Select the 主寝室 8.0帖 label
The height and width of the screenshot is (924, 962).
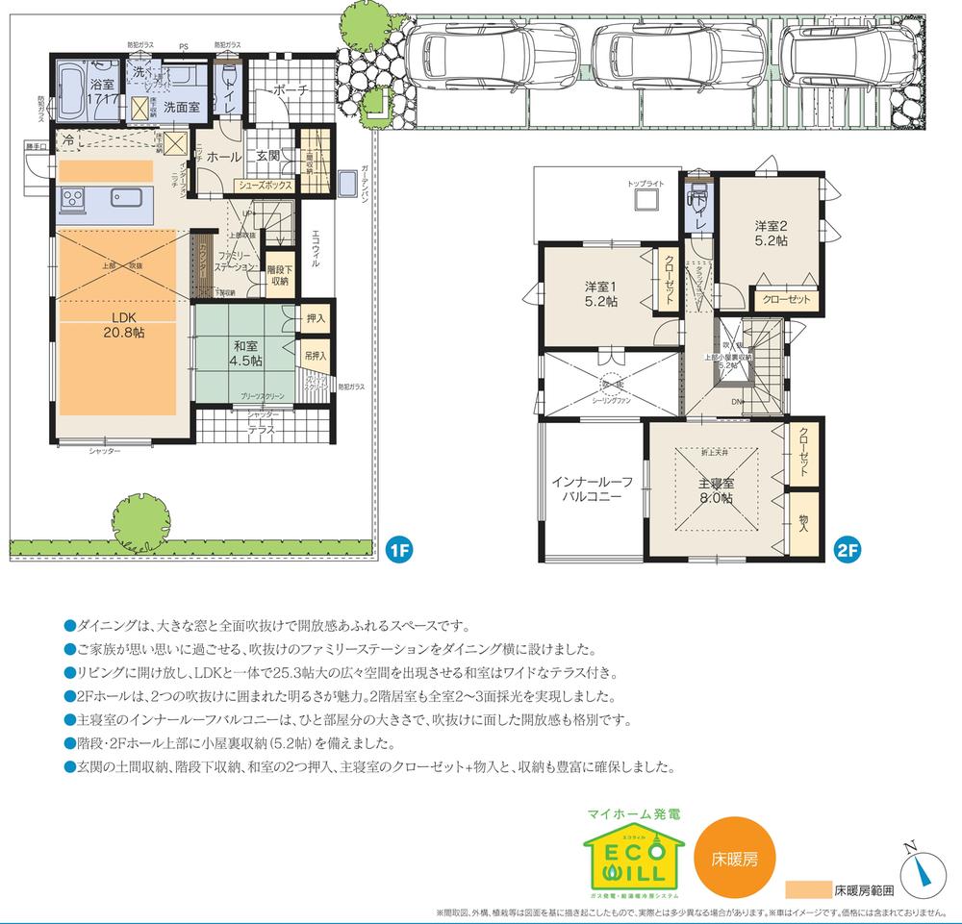point(716,491)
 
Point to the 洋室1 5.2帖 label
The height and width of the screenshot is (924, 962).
point(601,293)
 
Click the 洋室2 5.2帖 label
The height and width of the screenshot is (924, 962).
point(771,234)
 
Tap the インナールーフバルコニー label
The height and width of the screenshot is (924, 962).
point(592,489)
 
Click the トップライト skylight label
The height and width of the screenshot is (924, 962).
point(645,183)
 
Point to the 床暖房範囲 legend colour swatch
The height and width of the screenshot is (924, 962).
point(806,889)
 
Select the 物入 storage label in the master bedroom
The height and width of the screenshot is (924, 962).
point(804,522)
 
